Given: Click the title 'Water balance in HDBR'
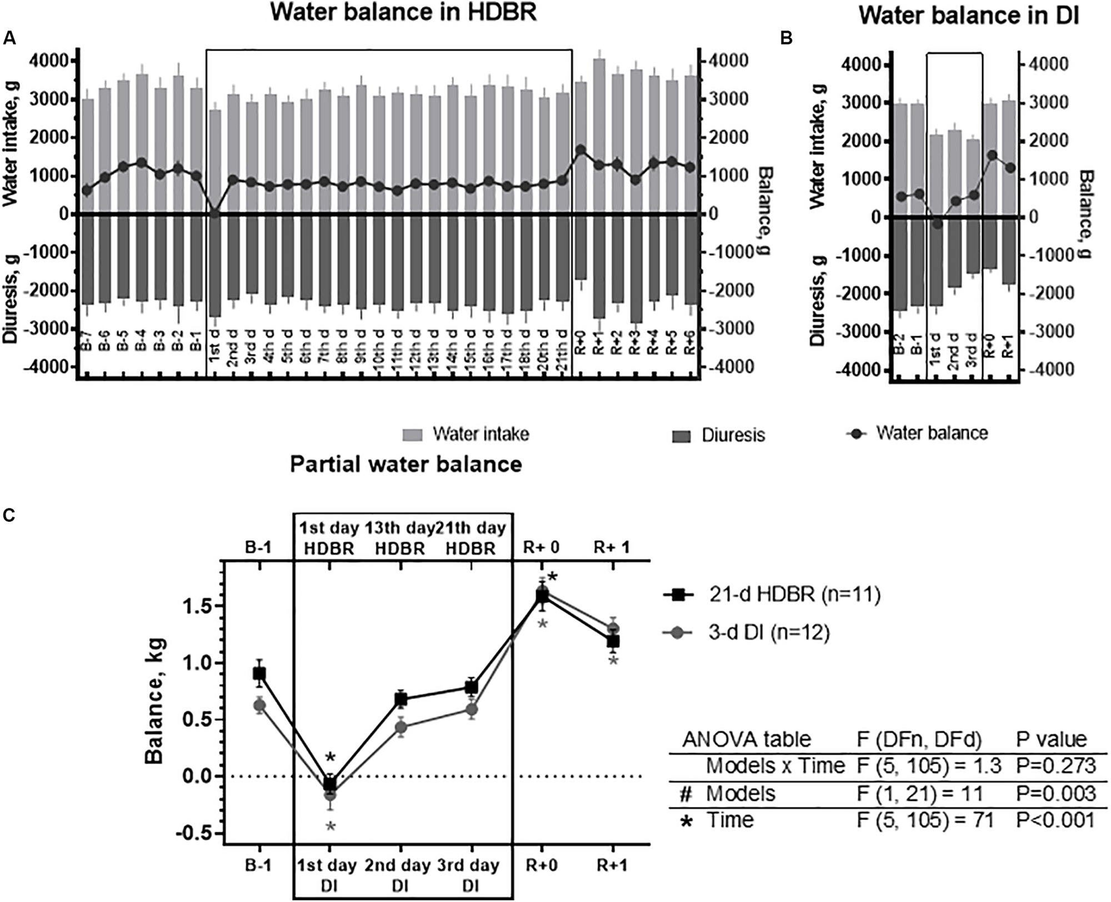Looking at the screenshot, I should [x=404, y=12].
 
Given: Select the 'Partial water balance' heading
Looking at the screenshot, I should [x=406, y=464].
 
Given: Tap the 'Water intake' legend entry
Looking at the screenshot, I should [x=481, y=434].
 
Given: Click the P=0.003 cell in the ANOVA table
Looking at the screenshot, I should [x=1056, y=794].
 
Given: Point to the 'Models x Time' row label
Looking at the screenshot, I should [x=775, y=766].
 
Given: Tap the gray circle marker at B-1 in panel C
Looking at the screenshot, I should [x=259, y=706].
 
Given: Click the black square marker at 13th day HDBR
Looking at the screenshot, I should [x=401, y=700].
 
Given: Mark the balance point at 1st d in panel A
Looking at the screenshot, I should [x=216, y=214].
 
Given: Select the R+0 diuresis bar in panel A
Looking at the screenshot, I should [x=580, y=248].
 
